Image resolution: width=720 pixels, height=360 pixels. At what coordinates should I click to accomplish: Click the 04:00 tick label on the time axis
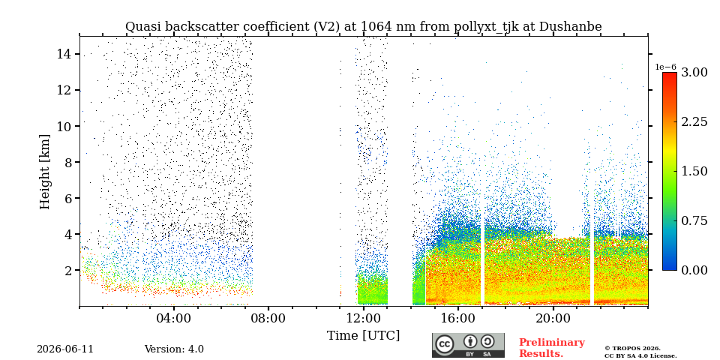174,318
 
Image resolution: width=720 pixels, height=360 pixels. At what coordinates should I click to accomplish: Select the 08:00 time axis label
268,318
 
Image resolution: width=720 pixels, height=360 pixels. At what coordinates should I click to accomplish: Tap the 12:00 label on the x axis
364,318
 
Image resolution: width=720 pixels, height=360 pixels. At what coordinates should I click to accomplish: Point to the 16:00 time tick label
458,318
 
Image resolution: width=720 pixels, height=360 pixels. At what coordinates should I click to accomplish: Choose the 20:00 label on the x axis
553,318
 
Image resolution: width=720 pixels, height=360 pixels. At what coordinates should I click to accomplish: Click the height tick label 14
64,54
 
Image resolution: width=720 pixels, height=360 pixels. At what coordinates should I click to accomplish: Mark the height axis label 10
64,126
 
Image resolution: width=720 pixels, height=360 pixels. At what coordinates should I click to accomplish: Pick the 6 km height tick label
68,198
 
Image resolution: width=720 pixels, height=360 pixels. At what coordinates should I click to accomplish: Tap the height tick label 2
68,271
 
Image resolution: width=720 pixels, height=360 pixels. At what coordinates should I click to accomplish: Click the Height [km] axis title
44,172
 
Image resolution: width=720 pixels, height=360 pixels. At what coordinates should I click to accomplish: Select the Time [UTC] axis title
363,336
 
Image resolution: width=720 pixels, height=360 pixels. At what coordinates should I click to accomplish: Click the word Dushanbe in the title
570,27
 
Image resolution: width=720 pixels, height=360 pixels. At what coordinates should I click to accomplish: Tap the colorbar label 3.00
694,73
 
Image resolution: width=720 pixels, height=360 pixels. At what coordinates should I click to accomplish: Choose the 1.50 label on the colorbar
694,171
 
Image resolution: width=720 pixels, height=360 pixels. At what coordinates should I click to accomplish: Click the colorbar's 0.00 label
694,270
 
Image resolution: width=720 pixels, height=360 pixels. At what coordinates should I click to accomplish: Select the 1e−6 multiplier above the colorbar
666,67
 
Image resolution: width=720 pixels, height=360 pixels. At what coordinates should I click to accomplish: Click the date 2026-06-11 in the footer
65,349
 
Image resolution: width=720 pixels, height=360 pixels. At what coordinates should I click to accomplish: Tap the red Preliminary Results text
552,348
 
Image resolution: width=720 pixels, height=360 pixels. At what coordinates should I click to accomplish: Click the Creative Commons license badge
468,345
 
